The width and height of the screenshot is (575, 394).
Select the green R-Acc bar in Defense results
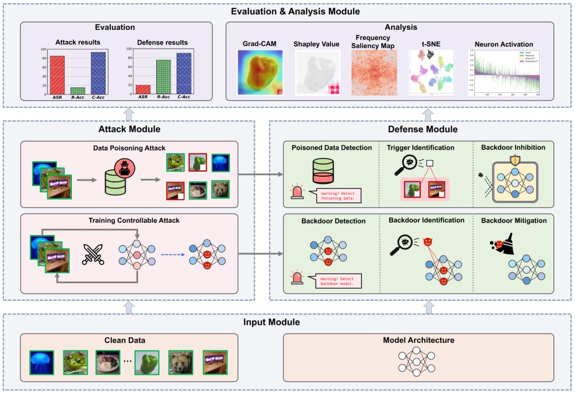click(x=163, y=76)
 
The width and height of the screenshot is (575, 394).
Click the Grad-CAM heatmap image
click(x=260, y=72)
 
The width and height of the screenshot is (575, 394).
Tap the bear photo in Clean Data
click(x=181, y=362)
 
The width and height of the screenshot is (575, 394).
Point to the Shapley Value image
click(x=316, y=72)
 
